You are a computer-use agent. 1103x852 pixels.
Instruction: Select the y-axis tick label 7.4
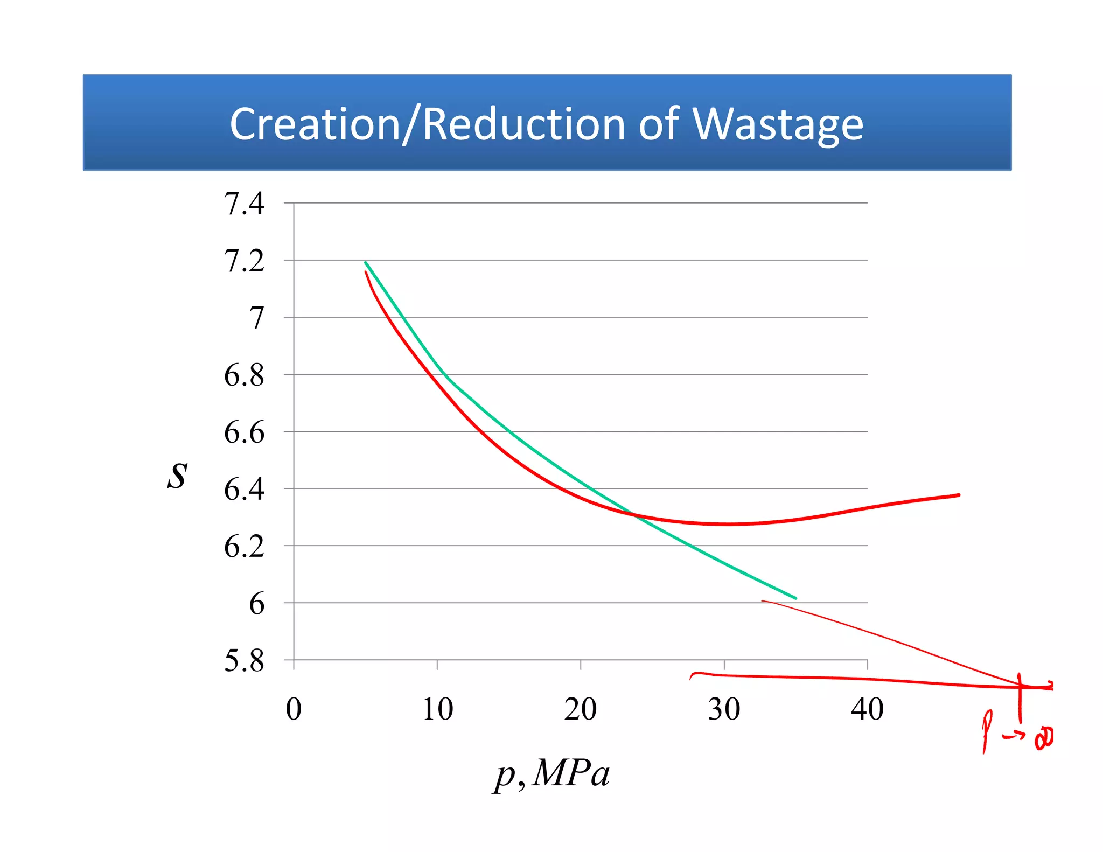coord(244,204)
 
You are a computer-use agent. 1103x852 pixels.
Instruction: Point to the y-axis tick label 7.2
coord(244,261)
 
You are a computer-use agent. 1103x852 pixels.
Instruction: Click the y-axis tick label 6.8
coord(244,375)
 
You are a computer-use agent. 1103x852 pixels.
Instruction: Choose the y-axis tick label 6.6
coord(244,432)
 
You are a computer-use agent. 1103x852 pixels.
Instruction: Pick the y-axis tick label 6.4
coord(244,490)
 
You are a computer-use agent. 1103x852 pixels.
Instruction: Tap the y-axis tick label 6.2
coord(244,547)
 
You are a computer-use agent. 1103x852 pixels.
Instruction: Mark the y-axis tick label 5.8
coord(244,661)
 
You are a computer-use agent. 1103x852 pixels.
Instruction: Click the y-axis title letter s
coord(177,476)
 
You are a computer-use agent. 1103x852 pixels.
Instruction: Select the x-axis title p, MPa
coord(552,774)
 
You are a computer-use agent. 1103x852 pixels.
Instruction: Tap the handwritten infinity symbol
coord(1044,738)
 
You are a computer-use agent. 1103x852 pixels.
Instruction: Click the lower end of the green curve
coord(795,598)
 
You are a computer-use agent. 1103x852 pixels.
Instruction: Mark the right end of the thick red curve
coord(958,495)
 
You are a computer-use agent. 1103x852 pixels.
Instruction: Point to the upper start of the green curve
coord(366,263)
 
